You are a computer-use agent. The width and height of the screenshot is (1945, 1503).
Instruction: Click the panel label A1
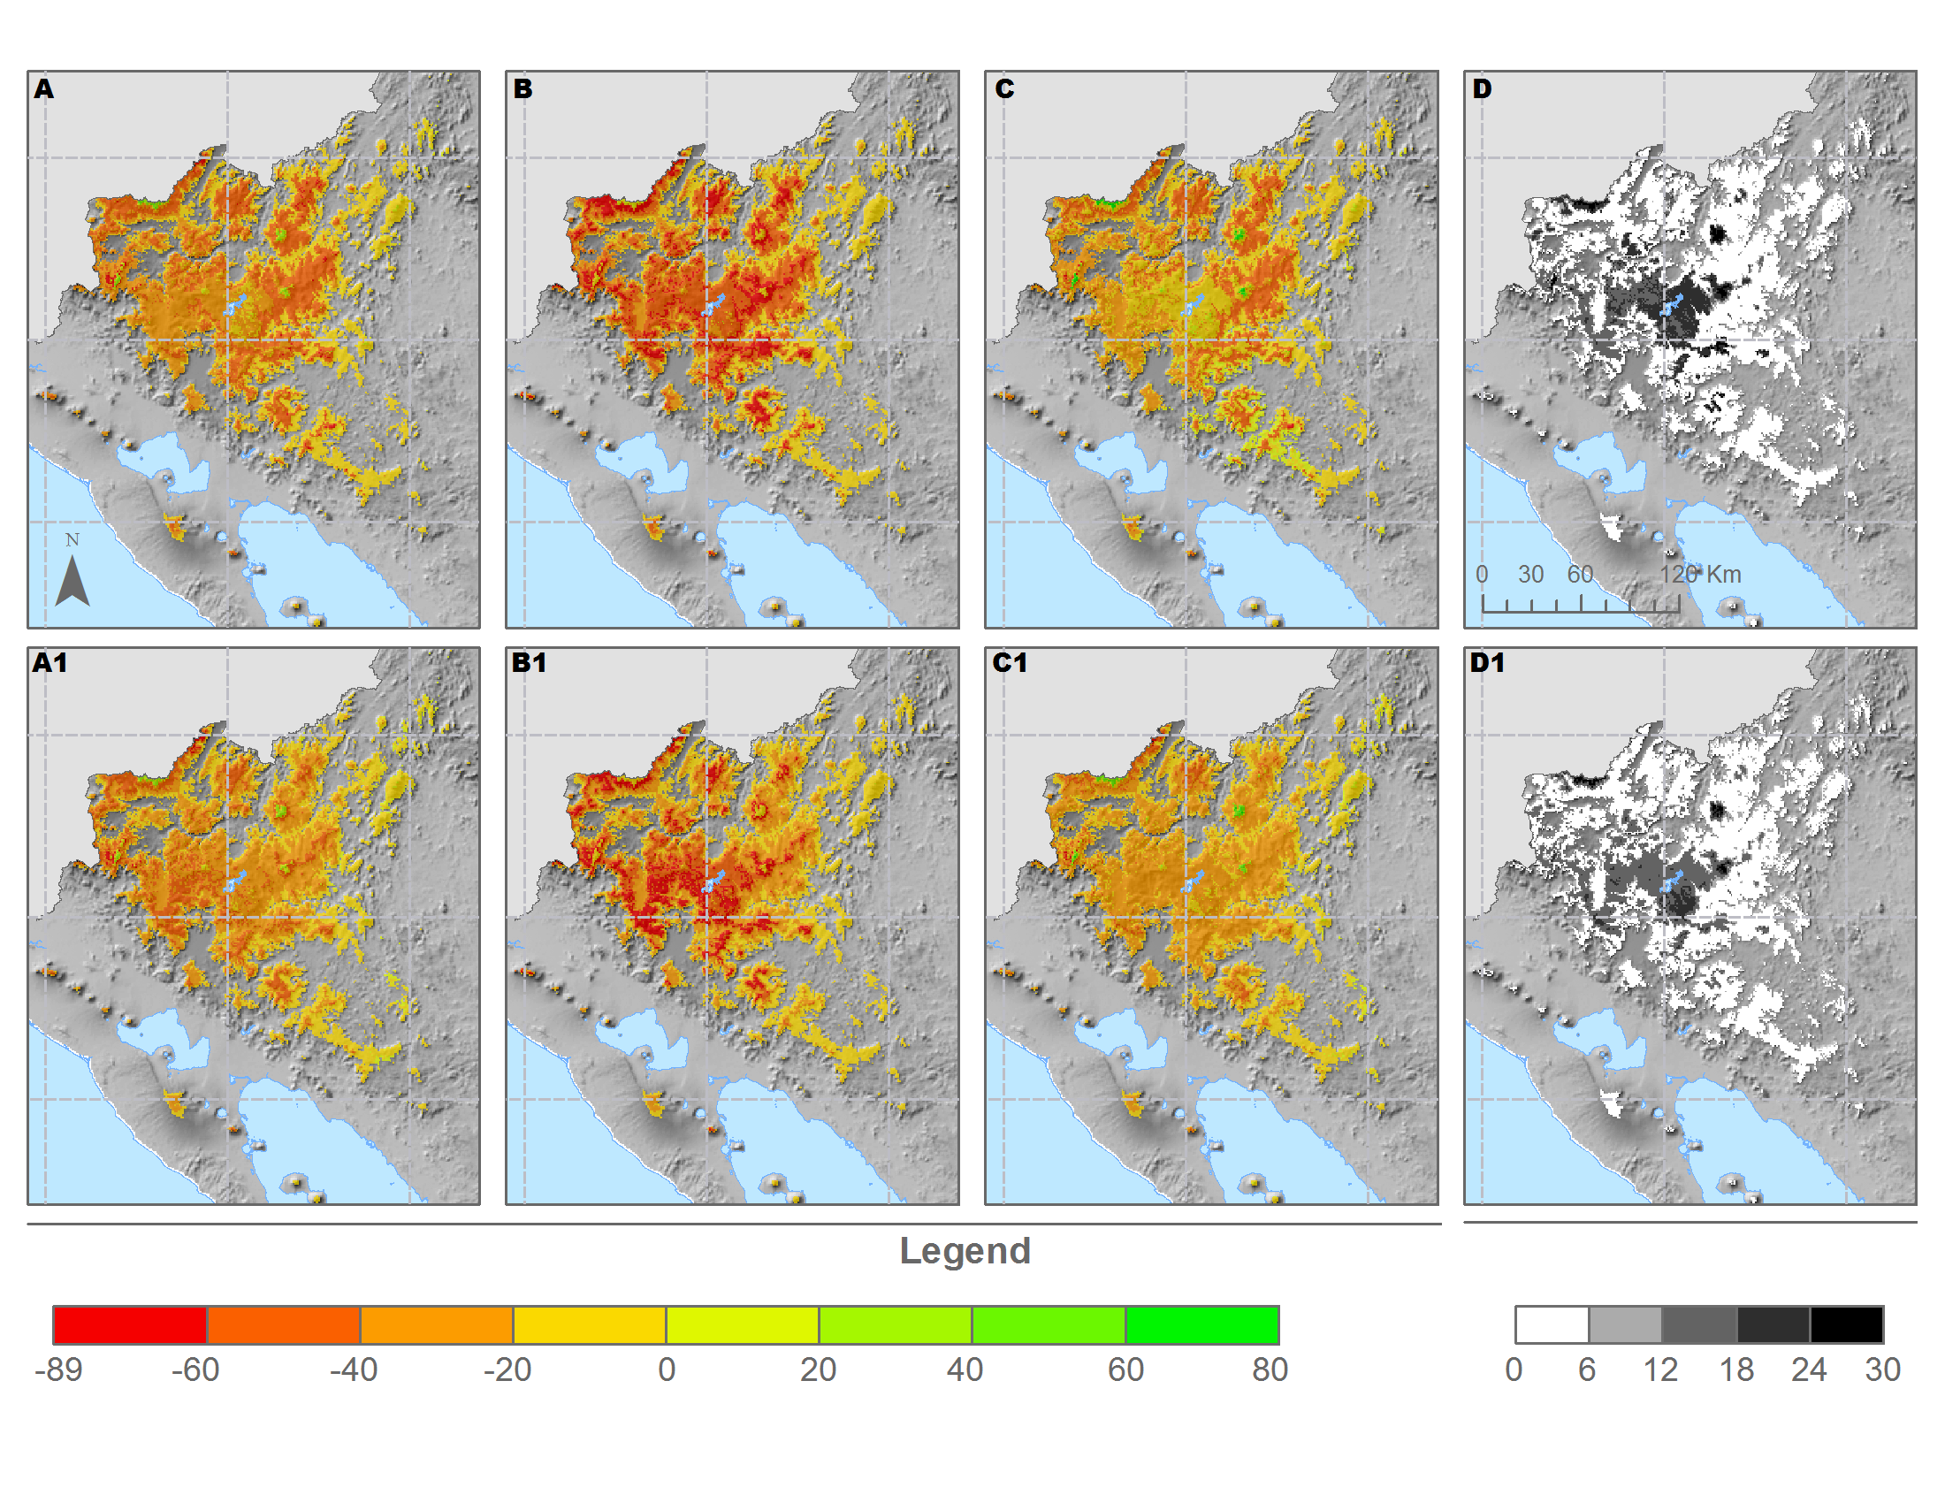(x=50, y=662)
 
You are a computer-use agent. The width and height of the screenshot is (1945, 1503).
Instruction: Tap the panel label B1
(x=529, y=662)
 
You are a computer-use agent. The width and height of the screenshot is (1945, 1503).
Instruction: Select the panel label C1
(x=1010, y=662)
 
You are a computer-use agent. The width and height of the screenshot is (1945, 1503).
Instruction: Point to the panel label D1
(x=1487, y=662)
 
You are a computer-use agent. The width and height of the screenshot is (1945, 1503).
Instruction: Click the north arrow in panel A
(x=72, y=581)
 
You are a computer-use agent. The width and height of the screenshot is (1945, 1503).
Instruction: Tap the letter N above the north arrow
(x=72, y=539)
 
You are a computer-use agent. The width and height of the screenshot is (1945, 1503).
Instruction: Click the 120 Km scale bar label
(x=1701, y=575)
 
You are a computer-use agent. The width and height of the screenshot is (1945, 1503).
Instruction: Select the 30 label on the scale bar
(x=1531, y=575)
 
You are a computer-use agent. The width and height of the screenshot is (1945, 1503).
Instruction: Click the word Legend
(x=965, y=1251)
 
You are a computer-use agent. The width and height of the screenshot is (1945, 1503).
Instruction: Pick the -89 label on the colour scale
(x=58, y=1369)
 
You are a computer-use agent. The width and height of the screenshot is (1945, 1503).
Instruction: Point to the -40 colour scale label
(x=354, y=1369)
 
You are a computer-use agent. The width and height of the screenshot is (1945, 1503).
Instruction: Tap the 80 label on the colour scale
(x=1270, y=1369)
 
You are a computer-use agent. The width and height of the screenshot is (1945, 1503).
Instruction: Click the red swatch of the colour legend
(x=130, y=1325)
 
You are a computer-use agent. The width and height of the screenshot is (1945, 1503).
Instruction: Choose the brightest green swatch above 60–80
(x=1202, y=1325)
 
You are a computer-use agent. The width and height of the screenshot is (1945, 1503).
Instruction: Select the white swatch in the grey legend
(x=1552, y=1325)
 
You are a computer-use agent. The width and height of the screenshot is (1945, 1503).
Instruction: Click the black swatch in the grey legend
(x=1847, y=1325)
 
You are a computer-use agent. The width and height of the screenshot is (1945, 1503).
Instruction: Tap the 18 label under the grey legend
(x=1735, y=1369)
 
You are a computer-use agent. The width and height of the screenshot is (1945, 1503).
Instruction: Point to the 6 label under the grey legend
(x=1587, y=1369)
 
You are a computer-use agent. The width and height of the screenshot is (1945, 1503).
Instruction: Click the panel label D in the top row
(x=1482, y=89)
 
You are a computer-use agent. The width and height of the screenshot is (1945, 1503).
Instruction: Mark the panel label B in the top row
(x=522, y=89)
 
